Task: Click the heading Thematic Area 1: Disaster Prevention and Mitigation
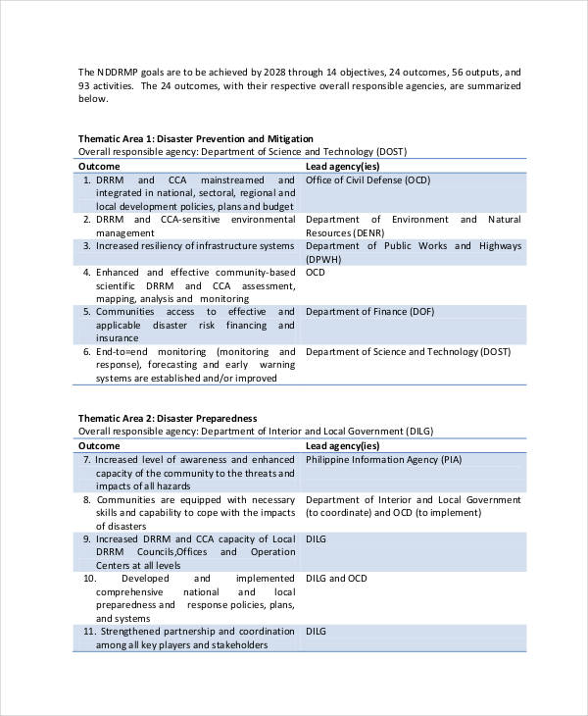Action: click(196, 138)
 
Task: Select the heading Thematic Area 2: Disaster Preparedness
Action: click(168, 417)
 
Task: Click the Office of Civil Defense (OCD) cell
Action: click(367, 180)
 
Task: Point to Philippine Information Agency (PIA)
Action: click(383, 459)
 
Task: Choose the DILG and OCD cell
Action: click(336, 579)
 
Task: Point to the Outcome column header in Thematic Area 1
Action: click(99, 167)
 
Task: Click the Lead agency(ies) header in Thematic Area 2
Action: click(342, 445)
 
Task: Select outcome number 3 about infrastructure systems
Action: click(194, 246)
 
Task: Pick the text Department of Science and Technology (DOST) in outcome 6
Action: click(408, 351)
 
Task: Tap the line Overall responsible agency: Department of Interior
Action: click(255, 431)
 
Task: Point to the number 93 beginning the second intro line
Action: click(84, 85)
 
